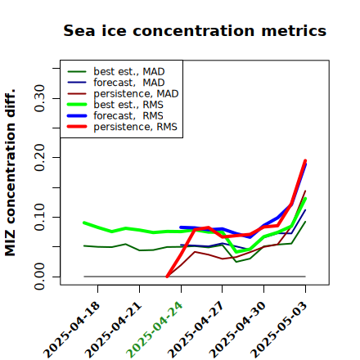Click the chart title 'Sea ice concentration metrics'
195,31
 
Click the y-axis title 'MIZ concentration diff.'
11,173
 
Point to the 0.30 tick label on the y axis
40,98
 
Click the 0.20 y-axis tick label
40,158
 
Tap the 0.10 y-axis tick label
40,217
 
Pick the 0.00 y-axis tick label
40,277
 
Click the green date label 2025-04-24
154,330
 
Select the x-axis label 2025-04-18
71,330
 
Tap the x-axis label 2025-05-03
278,330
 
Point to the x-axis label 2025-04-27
196,330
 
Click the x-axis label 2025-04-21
113,330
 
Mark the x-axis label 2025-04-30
237,330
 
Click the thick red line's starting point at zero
167,277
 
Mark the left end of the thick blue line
181,227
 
